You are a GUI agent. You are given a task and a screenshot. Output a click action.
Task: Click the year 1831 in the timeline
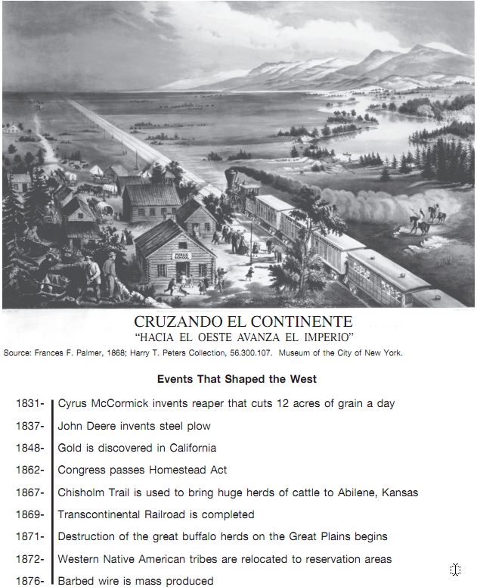pyautogui.click(x=29, y=404)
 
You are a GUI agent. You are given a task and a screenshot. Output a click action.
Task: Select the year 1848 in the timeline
pyautogui.click(x=29, y=448)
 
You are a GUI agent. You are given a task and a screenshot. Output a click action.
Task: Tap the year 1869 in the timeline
pyautogui.click(x=29, y=515)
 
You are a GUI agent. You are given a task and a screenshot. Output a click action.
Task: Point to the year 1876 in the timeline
pyautogui.click(x=29, y=581)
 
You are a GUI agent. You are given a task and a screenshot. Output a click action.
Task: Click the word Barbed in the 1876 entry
pyautogui.click(x=76, y=581)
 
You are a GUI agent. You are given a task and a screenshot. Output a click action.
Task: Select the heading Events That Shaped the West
pyautogui.click(x=237, y=379)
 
